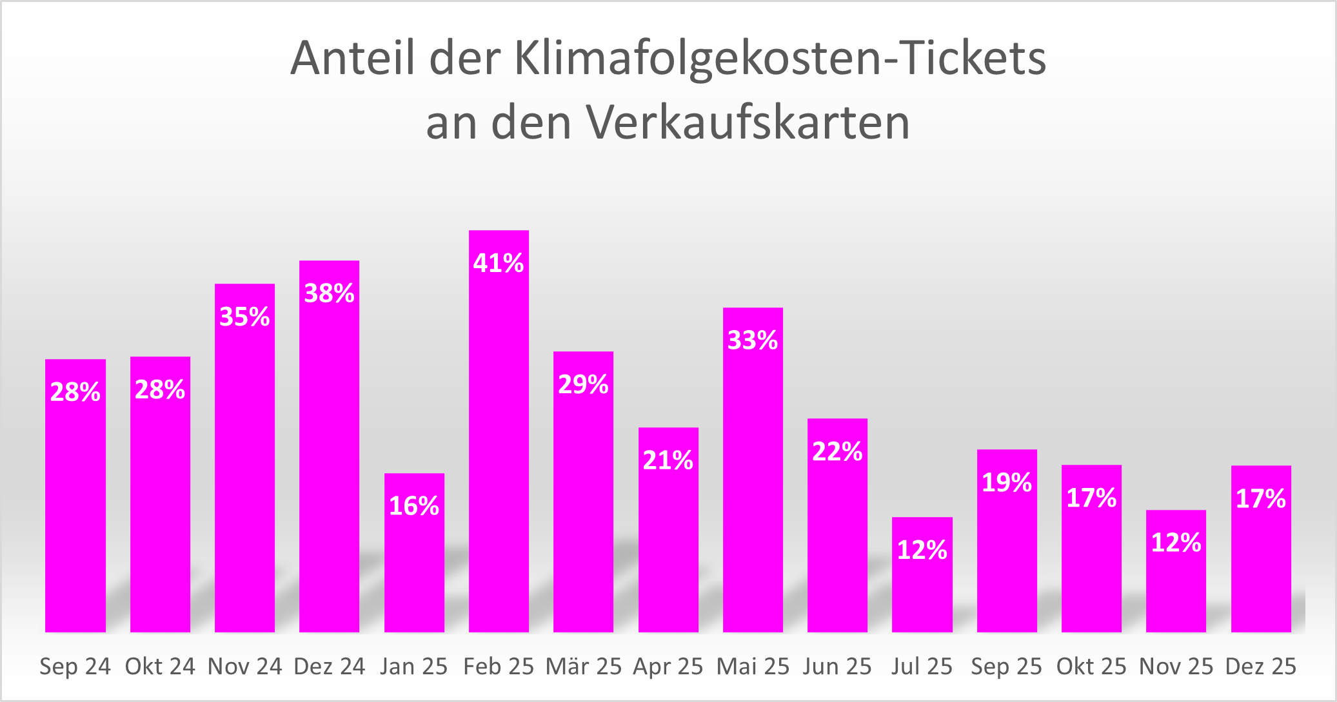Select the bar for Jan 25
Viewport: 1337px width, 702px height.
pos(414,567)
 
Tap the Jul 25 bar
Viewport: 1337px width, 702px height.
pos(922,593)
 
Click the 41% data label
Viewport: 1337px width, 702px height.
pos(498,263)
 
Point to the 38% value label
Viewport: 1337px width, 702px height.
pos(329,293)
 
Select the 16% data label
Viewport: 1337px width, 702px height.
pos(414,506)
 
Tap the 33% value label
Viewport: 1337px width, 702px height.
pos(753,340)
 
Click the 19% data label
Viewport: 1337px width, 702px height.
pos(1007,482)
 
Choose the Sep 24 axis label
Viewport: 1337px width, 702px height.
pos(75,667)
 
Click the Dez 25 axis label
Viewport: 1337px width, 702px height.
pos(1260,667)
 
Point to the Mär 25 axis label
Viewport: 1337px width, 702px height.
pos(583,667)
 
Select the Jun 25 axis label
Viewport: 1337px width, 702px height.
pos(837,667)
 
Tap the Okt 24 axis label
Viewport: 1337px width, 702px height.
pos(160,667)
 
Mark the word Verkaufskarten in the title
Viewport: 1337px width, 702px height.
pos(748,122)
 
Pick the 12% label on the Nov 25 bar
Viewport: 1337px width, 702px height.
pos(1176,543)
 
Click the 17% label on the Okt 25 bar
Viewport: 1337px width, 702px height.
pos(1091,498)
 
